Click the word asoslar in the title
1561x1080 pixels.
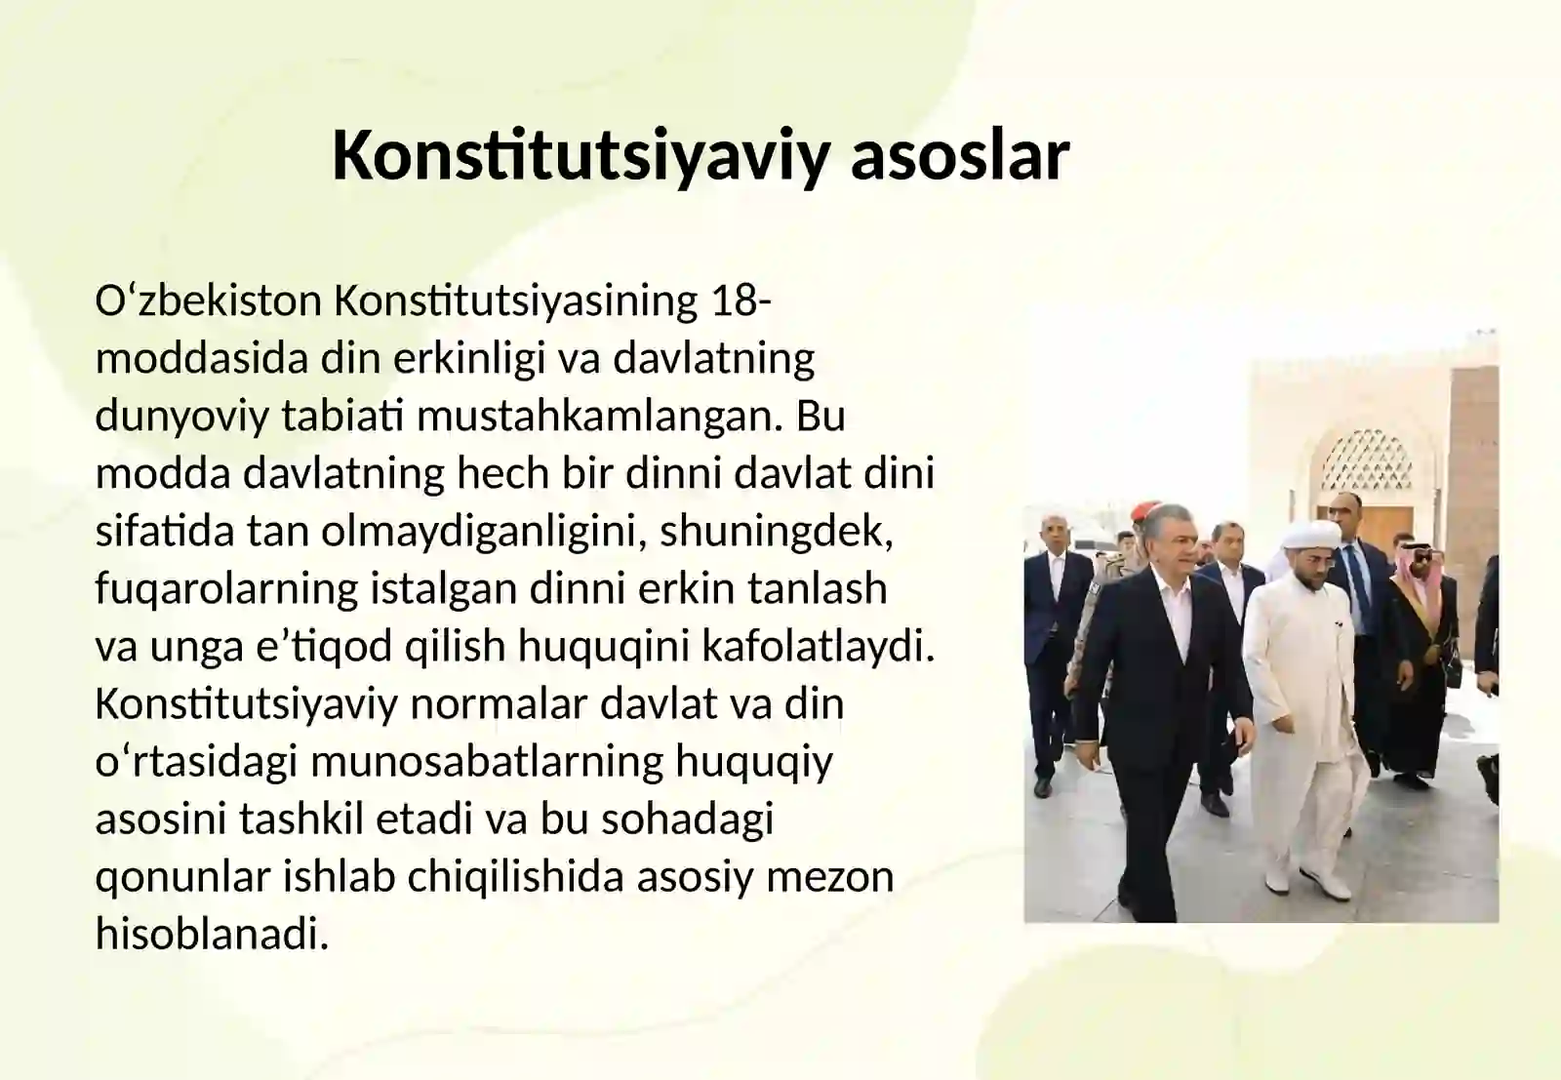click(960, 155)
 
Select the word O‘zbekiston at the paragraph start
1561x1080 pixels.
click(208, 301)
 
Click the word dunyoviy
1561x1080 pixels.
click(181, 417)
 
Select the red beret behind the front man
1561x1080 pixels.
click(1144, 513)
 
